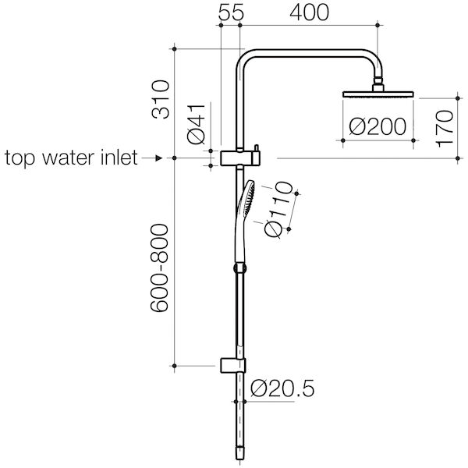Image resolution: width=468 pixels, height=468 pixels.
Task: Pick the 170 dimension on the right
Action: click(445, 128)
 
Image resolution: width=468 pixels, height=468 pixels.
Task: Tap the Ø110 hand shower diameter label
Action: click(278, 210)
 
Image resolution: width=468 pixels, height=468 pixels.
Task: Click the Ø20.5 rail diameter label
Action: click(284, 388)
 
